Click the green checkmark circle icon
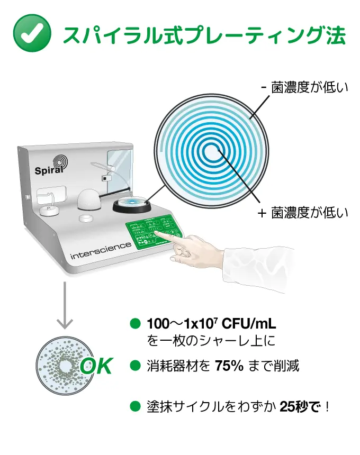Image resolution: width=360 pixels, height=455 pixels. coord(32,33)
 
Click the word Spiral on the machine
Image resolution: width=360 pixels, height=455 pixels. coord(49,170)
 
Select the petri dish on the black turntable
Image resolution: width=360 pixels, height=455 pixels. coord(132,202)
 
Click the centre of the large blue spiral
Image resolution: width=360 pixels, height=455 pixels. coord(212,151)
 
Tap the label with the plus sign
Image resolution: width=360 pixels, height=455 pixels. coord(303,213)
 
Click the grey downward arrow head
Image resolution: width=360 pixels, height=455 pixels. coord(65,323)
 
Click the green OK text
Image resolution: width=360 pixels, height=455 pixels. coord(96,366)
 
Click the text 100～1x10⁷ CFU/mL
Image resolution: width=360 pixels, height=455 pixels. coord(211,324)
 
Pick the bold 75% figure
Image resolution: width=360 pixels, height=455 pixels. coord(229,366)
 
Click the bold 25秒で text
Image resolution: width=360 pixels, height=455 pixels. coord(301,407)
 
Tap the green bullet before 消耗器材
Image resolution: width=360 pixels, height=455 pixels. coord(135,366)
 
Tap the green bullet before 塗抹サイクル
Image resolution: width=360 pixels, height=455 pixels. coord(135,406)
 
